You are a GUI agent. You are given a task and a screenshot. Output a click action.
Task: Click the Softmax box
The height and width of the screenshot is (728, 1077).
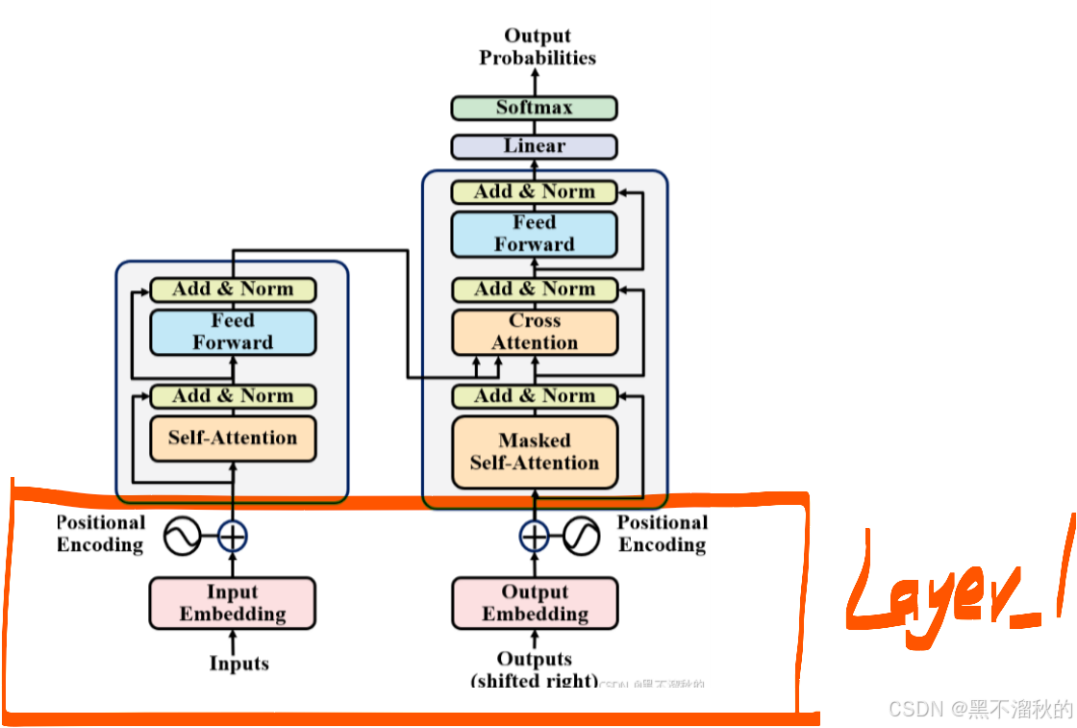point(534,108)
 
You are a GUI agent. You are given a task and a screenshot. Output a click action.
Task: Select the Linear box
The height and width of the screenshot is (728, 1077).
point(534,146)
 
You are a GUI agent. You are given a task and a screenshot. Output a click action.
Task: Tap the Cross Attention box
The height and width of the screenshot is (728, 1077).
point(535,332)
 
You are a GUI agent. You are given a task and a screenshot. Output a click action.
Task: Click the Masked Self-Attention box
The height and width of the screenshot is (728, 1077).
point(535,452)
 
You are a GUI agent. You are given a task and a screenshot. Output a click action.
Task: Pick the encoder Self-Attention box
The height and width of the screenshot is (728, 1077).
point(233,439)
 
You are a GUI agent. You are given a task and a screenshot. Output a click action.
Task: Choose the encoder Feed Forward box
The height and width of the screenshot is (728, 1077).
point(233,332)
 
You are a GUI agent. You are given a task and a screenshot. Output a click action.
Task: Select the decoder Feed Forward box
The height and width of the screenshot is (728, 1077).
point(535,234)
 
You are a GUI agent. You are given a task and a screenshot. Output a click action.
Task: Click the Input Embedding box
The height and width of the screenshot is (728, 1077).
point(233,603)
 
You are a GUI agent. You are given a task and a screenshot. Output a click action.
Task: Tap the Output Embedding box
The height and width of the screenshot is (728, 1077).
point(535,603)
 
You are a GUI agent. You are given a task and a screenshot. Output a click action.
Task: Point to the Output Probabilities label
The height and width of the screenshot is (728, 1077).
point(538,47)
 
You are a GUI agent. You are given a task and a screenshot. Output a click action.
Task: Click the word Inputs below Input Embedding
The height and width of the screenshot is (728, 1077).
point(239,664)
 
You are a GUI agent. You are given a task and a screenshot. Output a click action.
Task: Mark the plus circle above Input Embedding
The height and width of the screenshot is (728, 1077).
point(233,536)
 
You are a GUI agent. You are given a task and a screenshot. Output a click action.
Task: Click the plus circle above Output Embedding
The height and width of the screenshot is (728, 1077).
point(535,536)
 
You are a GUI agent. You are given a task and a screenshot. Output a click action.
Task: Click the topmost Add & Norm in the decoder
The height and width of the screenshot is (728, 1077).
point(535,191)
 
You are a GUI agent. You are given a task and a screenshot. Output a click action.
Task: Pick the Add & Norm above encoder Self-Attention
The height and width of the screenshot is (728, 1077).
point(233,396)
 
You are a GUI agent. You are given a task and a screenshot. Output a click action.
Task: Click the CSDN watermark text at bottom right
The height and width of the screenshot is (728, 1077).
point(979,709)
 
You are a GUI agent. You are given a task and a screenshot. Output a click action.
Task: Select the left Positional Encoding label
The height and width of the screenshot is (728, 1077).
point(100,534)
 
